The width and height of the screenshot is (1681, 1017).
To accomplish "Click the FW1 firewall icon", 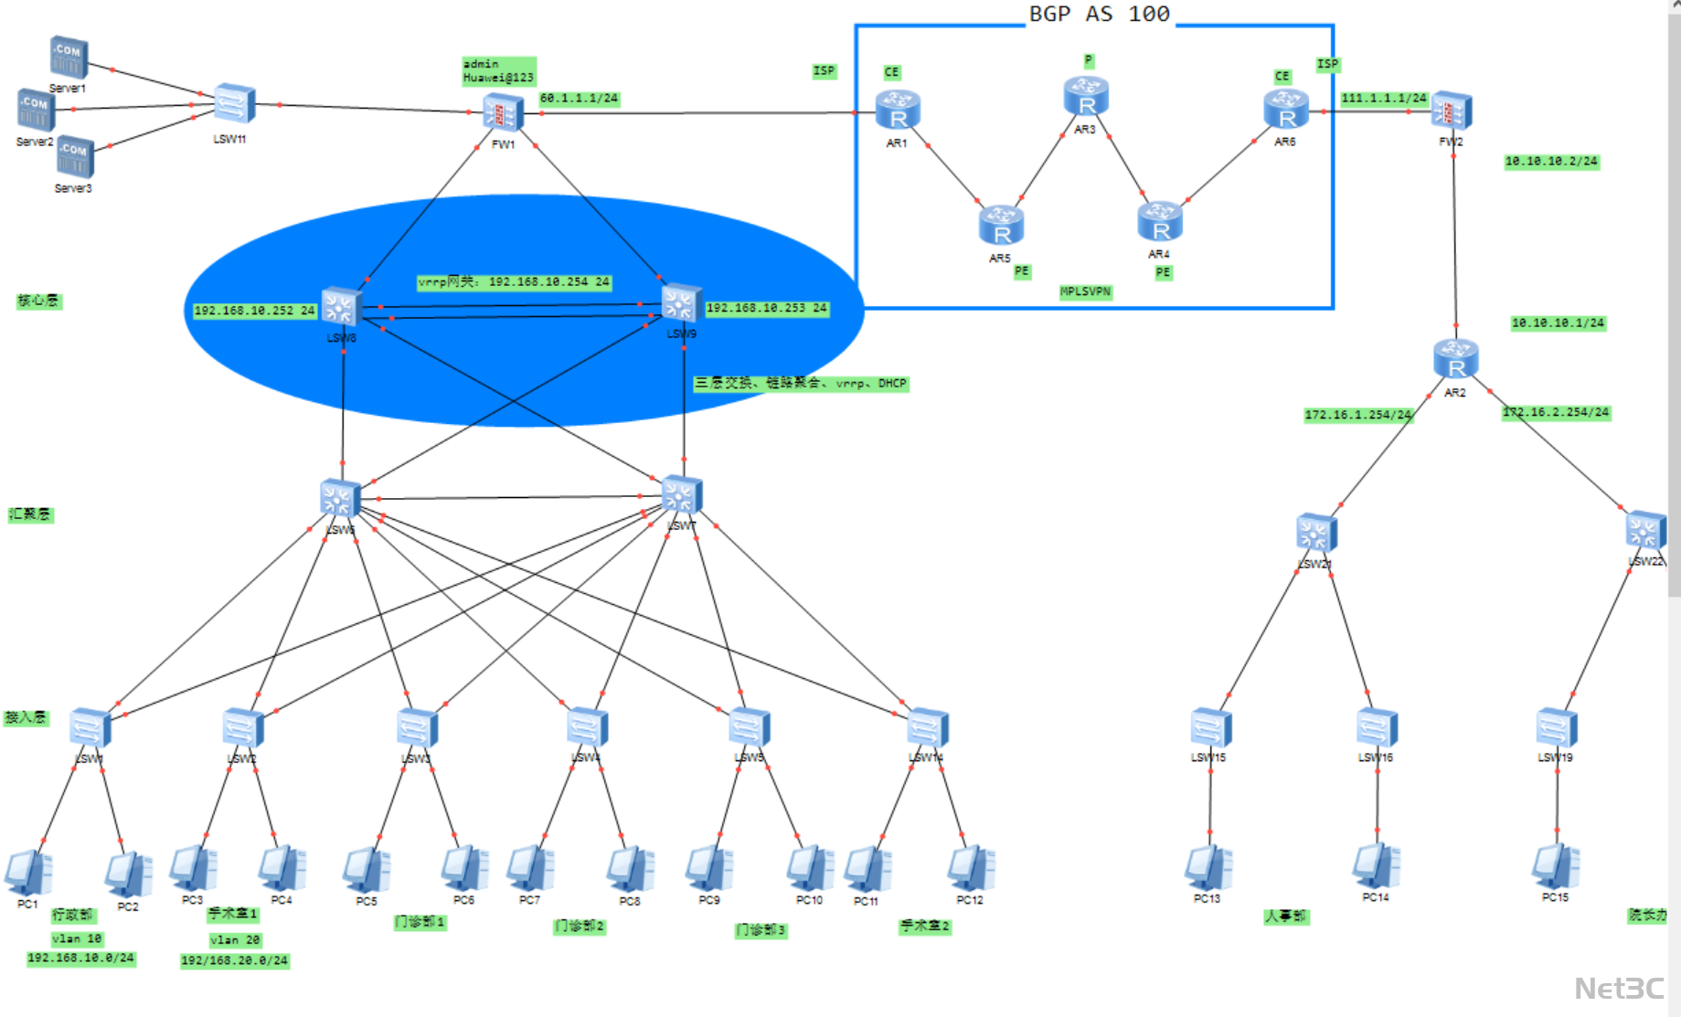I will pyautogui.click(x=503, y=113).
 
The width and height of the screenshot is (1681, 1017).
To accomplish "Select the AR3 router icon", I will pyautogui.click(x=1086, y=97).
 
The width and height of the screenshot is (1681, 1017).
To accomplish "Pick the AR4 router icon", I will pyautogui.click(x=1160, y=222).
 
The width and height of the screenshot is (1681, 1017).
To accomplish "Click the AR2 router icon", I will pyautogui.click(x=1456, y=359).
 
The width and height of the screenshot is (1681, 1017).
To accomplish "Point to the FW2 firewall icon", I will pyautogui.click(x=1452, y=112).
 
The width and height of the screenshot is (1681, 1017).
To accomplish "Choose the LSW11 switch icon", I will pyautogui.click(x=234, y=105).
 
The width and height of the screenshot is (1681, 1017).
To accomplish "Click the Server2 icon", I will pyautogui.click(x=37, y=110).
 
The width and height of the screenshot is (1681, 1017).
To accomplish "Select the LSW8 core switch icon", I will pyautogui.click(x=341, y=307).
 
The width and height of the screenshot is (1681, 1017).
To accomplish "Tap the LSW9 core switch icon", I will pyautogui.click(x=681, y=304).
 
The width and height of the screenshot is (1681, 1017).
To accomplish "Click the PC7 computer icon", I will pyautogui.click(x=530, y=868).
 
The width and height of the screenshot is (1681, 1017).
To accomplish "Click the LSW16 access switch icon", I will pyautogui.click(x=1377, y=729).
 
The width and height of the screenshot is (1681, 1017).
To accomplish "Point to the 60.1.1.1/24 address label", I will pyautogui.click(x=580, y=99).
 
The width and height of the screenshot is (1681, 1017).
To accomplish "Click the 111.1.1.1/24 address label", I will pyautogui.click(x=1383, y=98).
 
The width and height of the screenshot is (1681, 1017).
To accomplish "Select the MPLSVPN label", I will pyautogui.click(x=1085, y=292).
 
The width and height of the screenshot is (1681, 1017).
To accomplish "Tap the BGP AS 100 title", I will pyautogui.click(x=1100, y=15).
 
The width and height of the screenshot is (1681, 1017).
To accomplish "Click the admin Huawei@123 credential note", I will pyautogui.click(x=498, y=71).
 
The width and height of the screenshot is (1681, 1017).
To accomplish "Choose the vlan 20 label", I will pyautogui.click(x=235, y=940).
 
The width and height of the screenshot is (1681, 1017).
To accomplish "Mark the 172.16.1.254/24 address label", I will pyautogui.click(x=1357, y=415).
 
